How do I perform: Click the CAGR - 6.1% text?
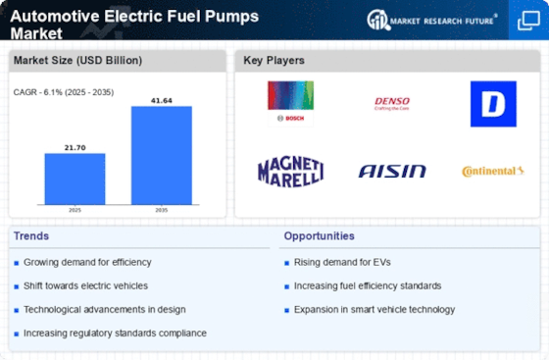click(x=61, y=92)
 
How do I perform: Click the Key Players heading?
click(x=274, y=61)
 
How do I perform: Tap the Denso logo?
click(x=390, y=102)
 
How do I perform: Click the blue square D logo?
click(x=493, y=104)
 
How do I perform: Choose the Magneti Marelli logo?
click(x=290, y=171)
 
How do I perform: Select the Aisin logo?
click(x=391, y=172)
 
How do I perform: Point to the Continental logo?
click(x=492, y=172)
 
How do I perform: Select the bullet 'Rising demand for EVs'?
click(x=339, y=261)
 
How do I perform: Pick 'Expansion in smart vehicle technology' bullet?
click(x=374, y=310)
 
